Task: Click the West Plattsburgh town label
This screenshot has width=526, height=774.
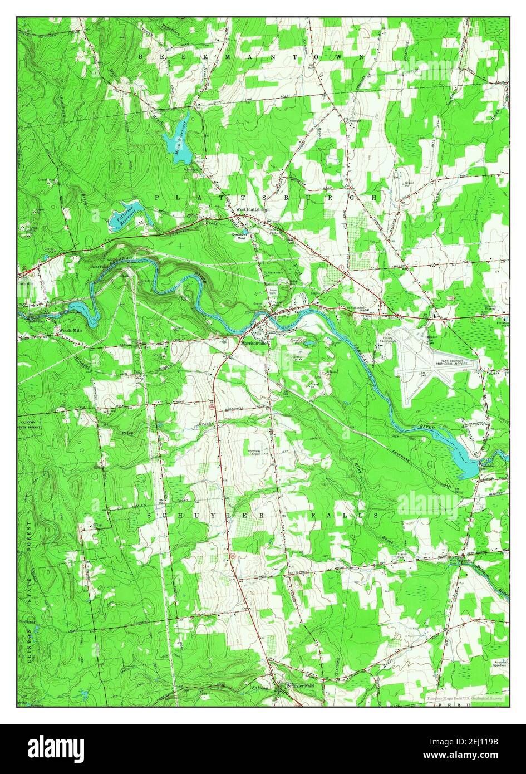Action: click(252, 209)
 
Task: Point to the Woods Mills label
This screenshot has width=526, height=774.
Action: click(72, 330)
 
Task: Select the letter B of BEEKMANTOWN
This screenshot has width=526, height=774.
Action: click(141, 57)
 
